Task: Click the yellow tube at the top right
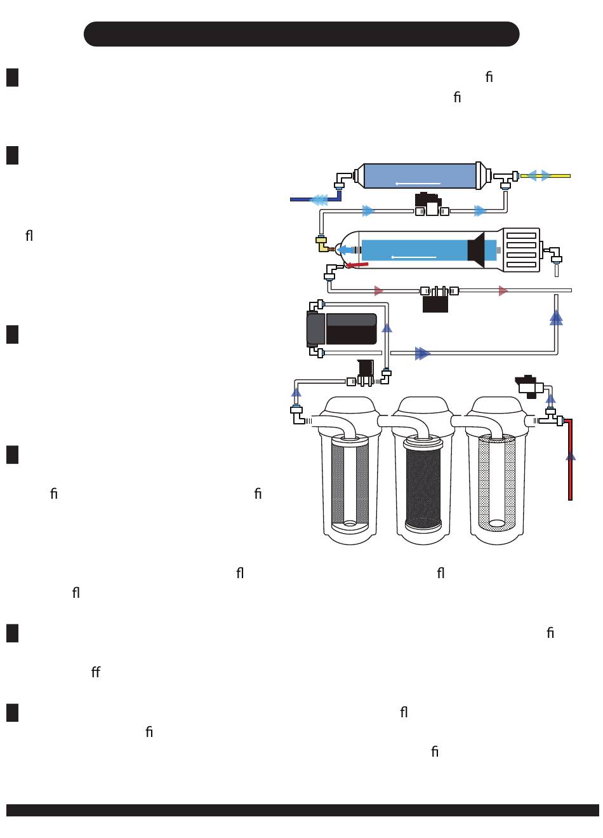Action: (545, 176)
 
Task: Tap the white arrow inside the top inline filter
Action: (418, 184)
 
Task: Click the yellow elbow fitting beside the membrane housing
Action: (322, 245)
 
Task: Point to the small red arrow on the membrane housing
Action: (356, 265)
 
